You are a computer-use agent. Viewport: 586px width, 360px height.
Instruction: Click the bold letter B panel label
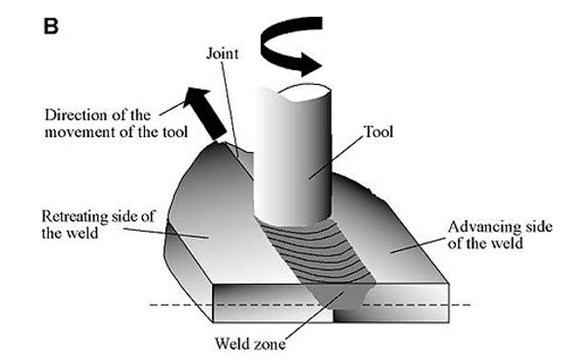[x=51, y=26]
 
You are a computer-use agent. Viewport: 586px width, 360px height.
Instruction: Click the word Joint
[x=223, y=53]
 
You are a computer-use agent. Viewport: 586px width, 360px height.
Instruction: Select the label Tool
[x=378, y=132]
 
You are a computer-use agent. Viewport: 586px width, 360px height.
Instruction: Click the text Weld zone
[x=250, y=343]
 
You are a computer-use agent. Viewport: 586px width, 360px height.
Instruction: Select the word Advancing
[x=478, y=227]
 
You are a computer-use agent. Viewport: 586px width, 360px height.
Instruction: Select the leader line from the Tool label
[x=336, y=157]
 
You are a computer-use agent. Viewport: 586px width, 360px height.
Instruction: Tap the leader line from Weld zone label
[x=315, y=314]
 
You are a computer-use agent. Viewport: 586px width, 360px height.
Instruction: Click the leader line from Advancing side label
[x=419, y=244]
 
